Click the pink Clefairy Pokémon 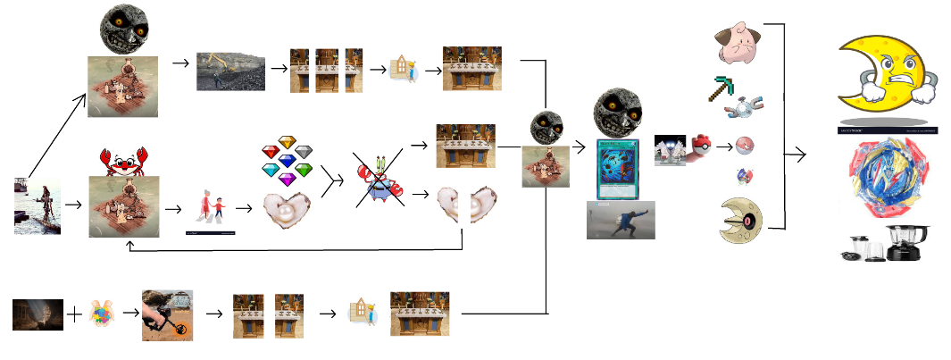[x=738, y=44]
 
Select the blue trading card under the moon [x=619, y=169]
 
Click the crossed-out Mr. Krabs [x=380, y=180]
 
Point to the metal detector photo [x=167, y=314]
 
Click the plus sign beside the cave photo [x=76, y=314]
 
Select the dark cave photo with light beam [x=38, y=314]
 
